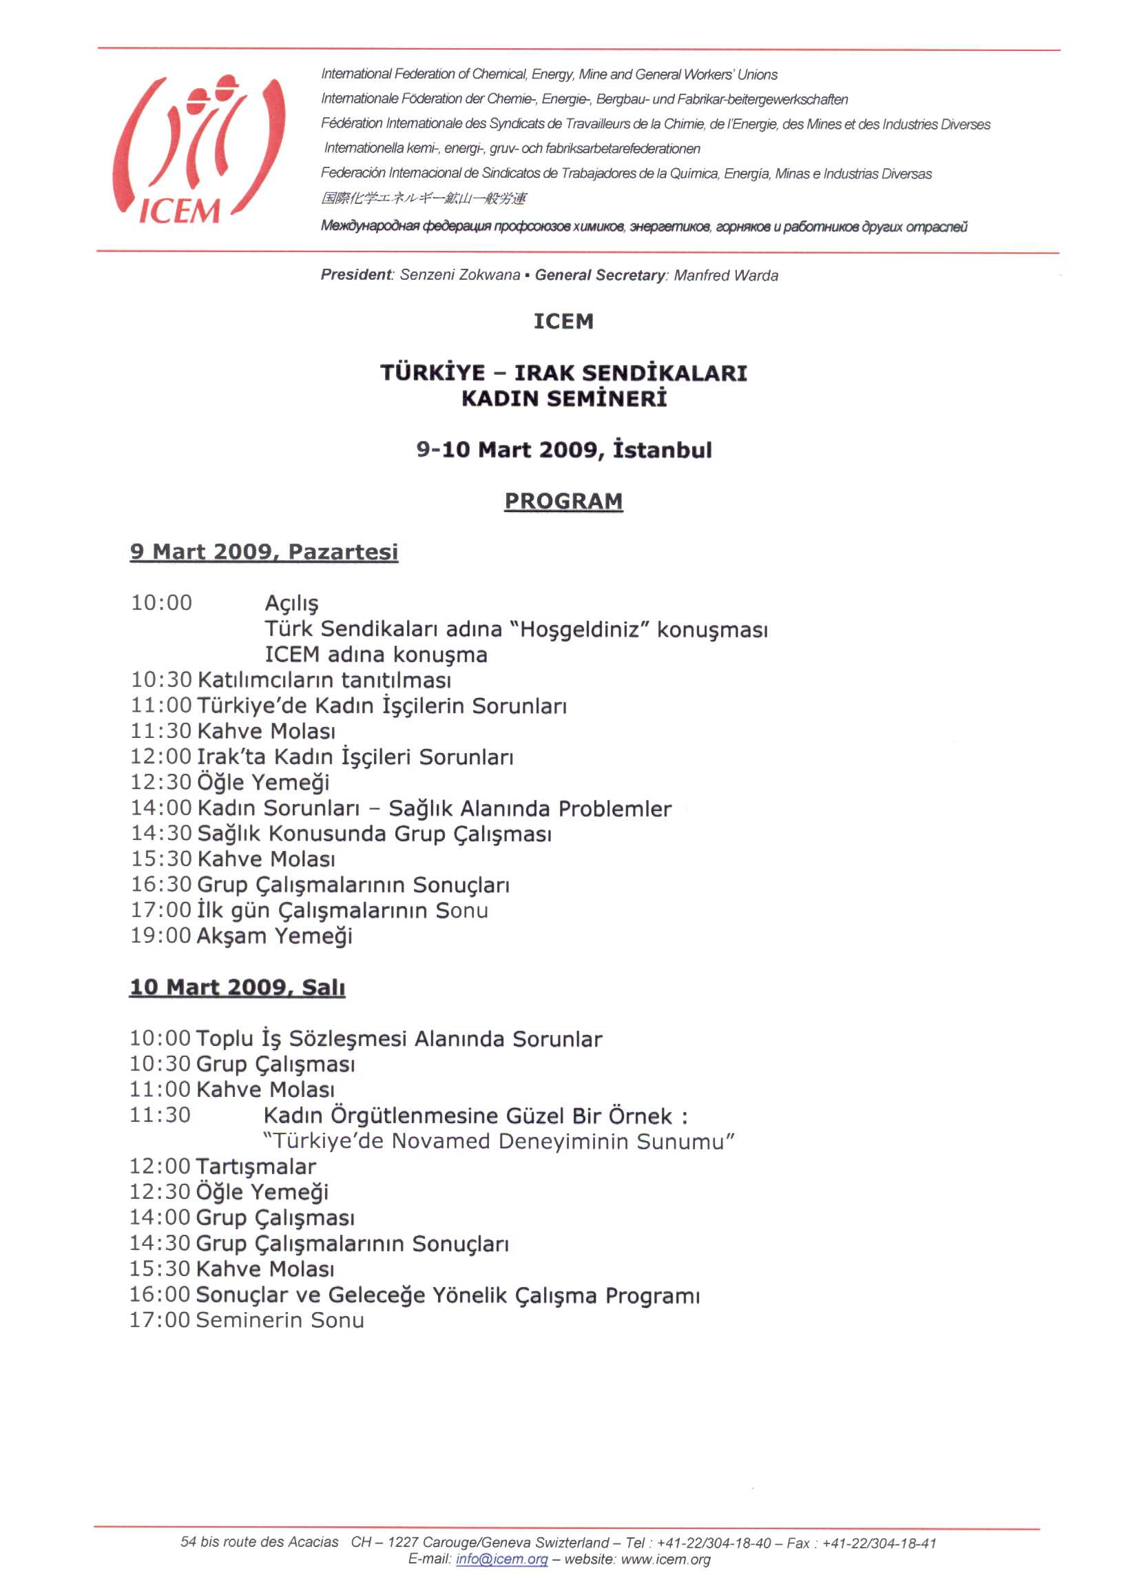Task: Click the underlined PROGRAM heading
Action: click(563, 500)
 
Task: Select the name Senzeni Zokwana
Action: click(459, 275)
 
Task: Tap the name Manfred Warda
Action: click(726, 276)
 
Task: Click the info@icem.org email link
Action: click(501, 1559)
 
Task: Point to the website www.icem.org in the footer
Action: click(665, 1559)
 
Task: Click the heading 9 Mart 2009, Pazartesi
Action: click(264, 552)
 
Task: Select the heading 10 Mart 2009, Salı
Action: click(237, 987)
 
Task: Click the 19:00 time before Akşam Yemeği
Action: click(160, 936)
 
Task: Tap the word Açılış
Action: click(291, 604)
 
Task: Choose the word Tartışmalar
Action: click(256, 1167)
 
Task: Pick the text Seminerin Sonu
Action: click(280, 1320)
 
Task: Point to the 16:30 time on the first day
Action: click(160, 884)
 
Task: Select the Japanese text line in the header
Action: click(423, 198)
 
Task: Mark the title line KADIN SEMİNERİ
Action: click(563, 399)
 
